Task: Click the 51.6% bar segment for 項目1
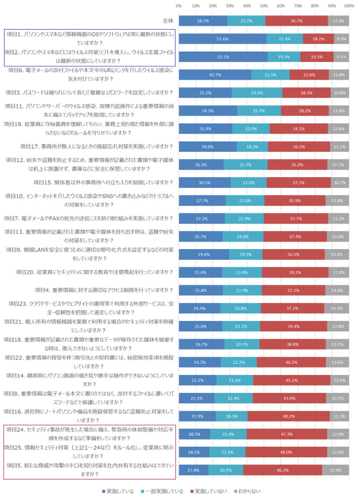[x=222, y=38]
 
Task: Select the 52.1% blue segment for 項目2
[x=223, y=57]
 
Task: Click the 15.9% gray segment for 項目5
[x=335, y=470]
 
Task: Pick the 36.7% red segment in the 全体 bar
[x=296, y=21]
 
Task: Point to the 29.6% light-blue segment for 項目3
[x=257, y=93]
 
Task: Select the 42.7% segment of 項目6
[x=215, y=74]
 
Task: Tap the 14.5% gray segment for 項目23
[x=336, y=308]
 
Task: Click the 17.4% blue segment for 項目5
[x=193, y=470]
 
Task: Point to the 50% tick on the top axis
[x=264, y=6]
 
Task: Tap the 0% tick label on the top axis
[x=179, y=6]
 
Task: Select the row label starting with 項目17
[x=96, y=146]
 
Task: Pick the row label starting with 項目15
[x=103, y=182]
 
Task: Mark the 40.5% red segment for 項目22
[x=291, y=362]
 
